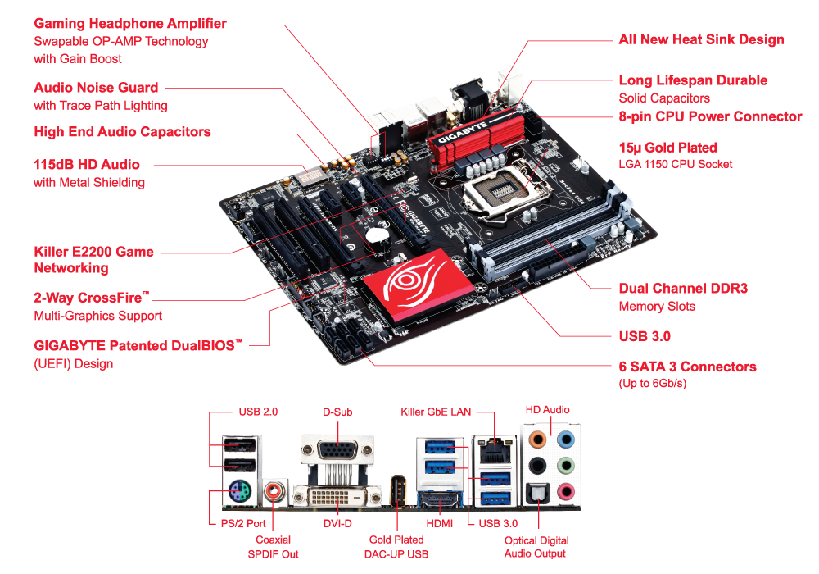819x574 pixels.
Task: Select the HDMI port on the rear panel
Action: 441,499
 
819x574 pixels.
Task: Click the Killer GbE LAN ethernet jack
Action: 494,449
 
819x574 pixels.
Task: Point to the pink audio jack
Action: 565,491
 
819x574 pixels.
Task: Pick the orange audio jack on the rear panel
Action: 537,439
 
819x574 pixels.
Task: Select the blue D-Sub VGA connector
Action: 338,450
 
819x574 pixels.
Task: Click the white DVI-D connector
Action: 337,496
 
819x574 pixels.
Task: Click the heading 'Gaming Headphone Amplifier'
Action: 130,24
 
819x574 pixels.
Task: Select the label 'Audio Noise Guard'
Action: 96,87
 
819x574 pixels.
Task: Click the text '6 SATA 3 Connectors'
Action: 687,367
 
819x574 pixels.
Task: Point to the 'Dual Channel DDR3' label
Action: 683,288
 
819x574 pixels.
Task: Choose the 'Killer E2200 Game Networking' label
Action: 94,260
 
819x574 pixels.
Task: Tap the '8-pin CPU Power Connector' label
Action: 710,116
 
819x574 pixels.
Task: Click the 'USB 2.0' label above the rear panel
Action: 258,412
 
